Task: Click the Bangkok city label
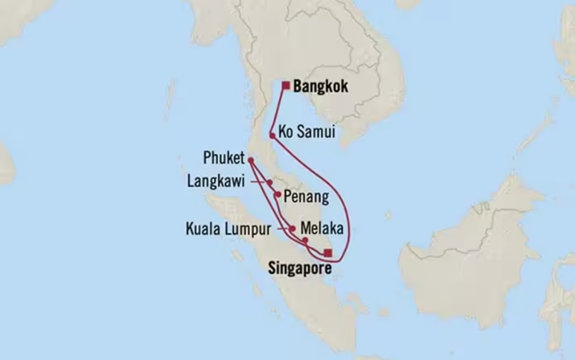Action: (322, 85)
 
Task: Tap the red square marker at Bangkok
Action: (285, 85)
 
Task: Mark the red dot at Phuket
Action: (251, 158)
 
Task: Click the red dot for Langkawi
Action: (270, 183)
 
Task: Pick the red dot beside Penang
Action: (277, 194)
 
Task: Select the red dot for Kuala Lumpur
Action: (292, 228)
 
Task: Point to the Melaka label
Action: (323, 227)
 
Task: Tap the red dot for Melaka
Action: (305, 239)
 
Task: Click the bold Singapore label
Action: (295, 270)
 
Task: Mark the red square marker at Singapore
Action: (328, 252)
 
